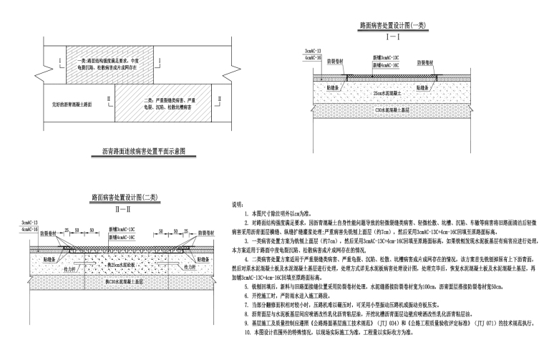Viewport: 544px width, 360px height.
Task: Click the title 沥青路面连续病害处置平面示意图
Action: click(140, 152)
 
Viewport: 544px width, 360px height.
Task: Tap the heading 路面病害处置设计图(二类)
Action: click(107, 195)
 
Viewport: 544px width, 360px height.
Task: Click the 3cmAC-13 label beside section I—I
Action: click(314, 52)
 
